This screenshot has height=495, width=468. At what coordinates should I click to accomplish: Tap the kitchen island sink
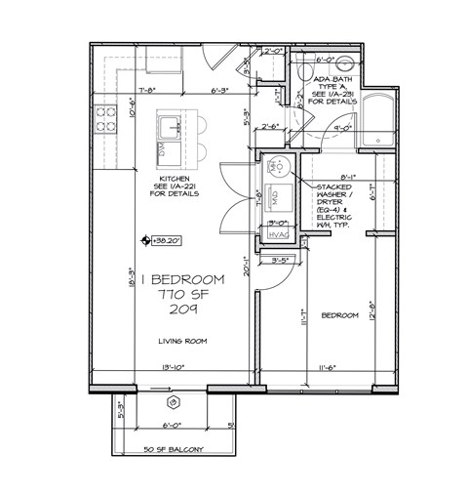point(171,125)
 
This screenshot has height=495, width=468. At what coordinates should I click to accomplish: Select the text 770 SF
point(184,295)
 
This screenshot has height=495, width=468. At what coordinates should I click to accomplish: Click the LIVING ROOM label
point(183,341)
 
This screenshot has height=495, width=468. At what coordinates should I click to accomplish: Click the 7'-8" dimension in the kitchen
point(148,92)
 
